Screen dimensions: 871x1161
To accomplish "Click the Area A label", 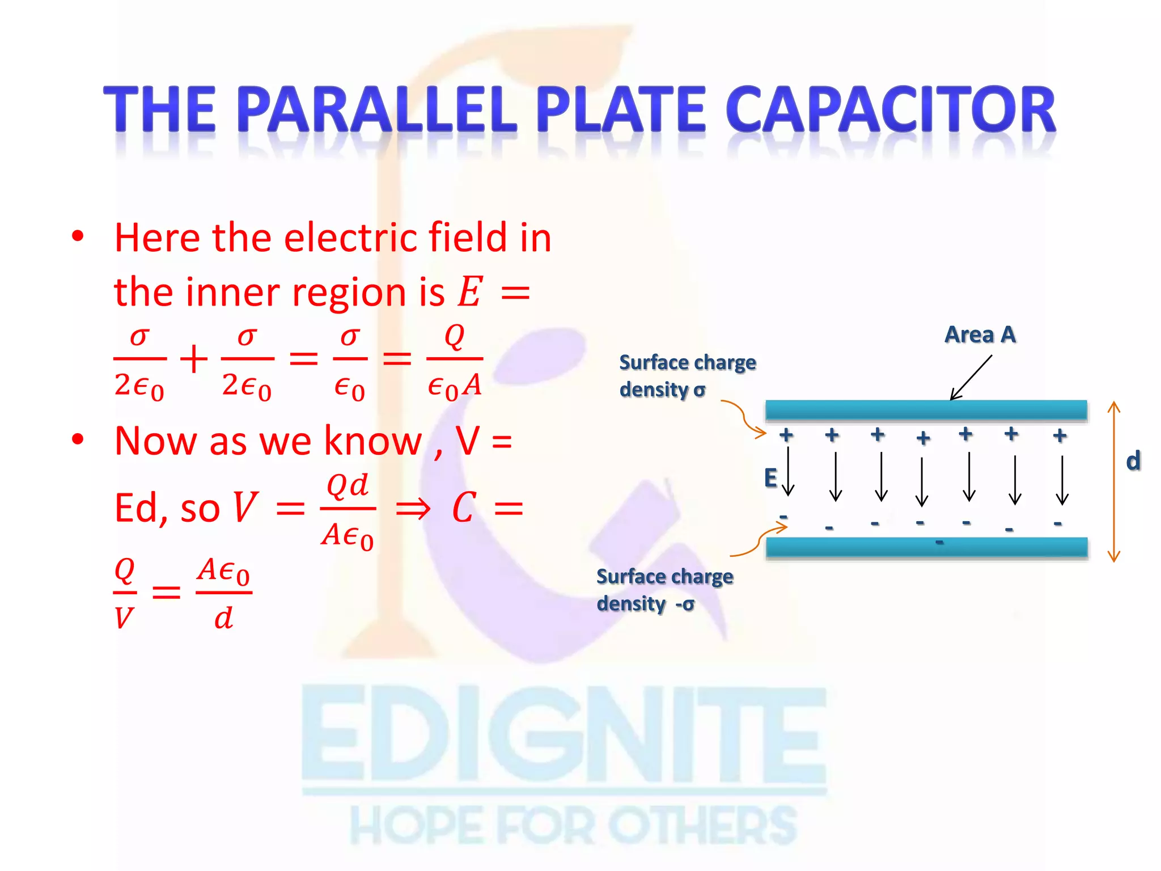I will (x=980, y=335).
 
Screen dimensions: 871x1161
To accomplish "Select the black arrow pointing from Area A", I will (x=971, y=378).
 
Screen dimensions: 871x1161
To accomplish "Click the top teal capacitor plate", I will (x=926, y=410).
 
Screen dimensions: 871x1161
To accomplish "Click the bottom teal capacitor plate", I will (x=926, y=548).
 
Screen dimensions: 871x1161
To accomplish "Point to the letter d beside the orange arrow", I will (x=1133, y=460).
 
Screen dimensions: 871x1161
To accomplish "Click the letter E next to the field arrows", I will (x=770, y=478).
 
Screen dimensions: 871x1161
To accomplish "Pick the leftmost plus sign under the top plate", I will (x=786, y=435).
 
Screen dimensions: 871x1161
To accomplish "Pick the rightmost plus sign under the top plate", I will (x=1060, y=435).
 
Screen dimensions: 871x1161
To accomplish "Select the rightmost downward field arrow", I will (x=1062, y=480).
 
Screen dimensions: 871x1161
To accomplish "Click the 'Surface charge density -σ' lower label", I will (x=664, y=590).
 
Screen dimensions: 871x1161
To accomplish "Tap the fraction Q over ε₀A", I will (x=454, y=361).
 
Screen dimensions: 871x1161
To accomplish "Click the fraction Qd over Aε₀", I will (x=348, y=510).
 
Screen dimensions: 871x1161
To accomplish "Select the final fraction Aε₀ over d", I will (x=223, y=593).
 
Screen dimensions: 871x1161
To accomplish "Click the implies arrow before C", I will (x=413, y=509).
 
